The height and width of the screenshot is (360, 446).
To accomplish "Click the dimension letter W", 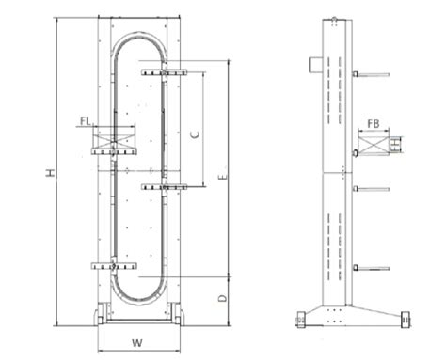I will [x=136, y=342].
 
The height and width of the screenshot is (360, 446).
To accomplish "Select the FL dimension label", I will [x=86, y=121].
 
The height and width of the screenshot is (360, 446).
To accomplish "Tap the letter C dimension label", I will [x=193, y=134].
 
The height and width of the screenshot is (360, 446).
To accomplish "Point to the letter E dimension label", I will [x=219, y=176].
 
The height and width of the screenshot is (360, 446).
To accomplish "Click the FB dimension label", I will [x=373, y=123].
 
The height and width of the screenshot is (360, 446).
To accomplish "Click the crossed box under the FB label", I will [x=370, y=145].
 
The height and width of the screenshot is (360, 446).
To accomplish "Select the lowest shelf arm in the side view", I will [x=371, y=269].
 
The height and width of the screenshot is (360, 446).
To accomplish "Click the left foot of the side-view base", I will [x=300, y=320].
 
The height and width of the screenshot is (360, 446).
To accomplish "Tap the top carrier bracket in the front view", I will [x=164, y=71].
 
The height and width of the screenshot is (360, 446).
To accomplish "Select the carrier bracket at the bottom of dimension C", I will [x=164, y=186].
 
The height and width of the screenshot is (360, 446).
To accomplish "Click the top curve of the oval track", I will [x=138, y=39].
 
